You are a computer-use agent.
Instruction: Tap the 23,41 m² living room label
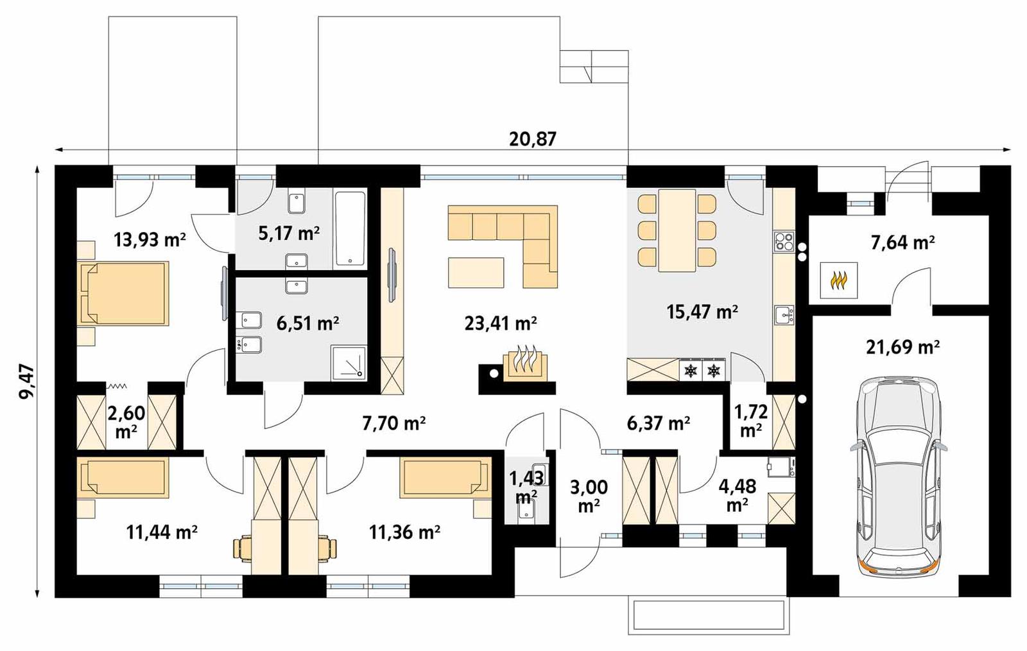tap(501, 323)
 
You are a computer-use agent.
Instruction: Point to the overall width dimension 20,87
tap(533, 139)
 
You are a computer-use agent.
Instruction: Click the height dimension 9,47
tap(27, 382)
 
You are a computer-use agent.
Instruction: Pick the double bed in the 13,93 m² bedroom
tap(124, 292)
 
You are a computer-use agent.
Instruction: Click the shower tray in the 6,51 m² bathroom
tap(349, 363)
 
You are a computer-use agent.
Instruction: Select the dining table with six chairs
tap(677, 230)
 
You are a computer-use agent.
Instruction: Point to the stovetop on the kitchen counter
tap(784, 241)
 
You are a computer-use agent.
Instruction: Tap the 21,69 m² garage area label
tap(902, 348)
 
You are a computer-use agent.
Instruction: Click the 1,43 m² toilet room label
tap(526, 486)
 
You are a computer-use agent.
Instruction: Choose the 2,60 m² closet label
tap(126, 421)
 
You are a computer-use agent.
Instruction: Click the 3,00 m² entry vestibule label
tap(589, 495)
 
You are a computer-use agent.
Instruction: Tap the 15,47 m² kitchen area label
tap(702, 312)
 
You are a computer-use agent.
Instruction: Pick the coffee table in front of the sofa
tap(476, 272)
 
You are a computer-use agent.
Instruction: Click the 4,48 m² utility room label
tap(737, 495)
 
